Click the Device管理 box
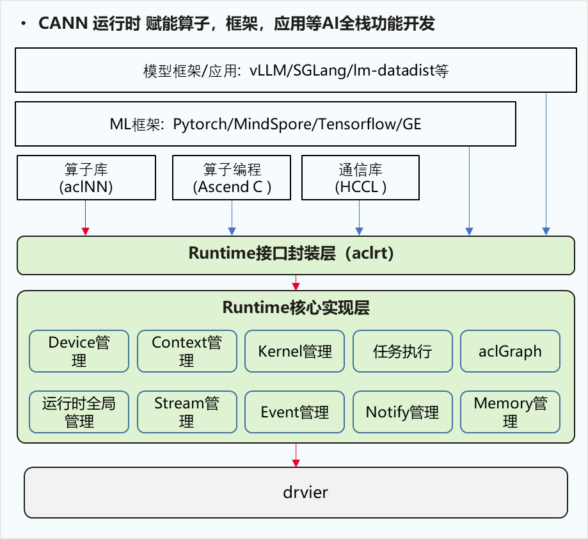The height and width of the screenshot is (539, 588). [79, 351]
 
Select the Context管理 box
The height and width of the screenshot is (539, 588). [187, 351]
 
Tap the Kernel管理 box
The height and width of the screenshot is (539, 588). [295, 351]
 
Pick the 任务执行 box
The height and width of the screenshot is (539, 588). [402, 351]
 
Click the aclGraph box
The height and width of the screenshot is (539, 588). [510, 351]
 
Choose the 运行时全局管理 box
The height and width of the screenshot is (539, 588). [79, 412]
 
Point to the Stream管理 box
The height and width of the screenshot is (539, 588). [187, 412]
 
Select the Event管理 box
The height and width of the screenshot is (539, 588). [295, 412]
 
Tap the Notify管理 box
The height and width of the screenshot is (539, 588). [402, 412]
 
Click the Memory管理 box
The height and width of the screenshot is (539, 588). [510, 412]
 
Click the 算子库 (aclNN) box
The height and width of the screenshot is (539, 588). [86, 178]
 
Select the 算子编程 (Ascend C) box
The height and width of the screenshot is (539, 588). [232, 178]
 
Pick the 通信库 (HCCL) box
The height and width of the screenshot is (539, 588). [360, 178]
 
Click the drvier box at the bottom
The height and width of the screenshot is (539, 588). [296, 492]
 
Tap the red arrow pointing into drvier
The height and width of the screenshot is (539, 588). [296, 456]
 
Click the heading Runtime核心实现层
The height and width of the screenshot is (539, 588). [296, 308]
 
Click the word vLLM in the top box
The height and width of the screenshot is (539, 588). [266, 70]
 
